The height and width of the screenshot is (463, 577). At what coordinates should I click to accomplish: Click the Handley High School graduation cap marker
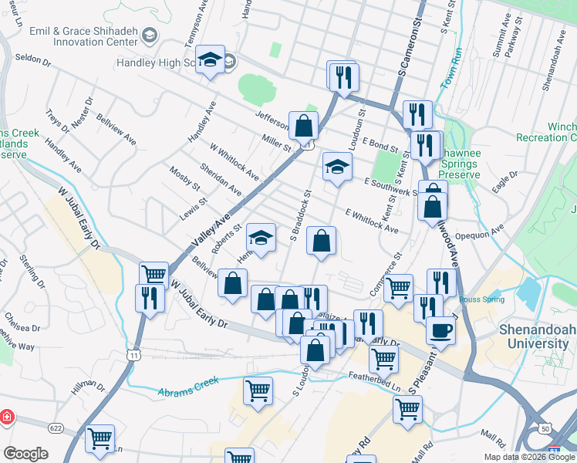click(x=210, y=61)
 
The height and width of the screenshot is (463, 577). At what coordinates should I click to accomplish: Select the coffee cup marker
click(x=441, y=330)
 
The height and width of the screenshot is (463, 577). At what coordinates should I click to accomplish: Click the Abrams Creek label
click(x=188, y=387)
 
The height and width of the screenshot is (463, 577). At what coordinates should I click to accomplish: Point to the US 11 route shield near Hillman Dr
click(x=133, y=354)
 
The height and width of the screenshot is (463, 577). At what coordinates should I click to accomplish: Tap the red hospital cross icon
click(x=6, y=417)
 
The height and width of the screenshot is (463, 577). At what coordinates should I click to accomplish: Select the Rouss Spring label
click(x=481, y=299)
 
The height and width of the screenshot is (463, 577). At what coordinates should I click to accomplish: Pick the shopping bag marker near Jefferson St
click(x=304, y=125)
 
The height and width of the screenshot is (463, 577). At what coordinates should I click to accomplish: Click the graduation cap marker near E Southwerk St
click(x=336, y=166)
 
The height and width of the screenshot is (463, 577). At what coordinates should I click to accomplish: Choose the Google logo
click(x=25, y=454)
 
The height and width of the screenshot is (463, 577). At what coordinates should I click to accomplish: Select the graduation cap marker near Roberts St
click(x=262, y=236)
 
